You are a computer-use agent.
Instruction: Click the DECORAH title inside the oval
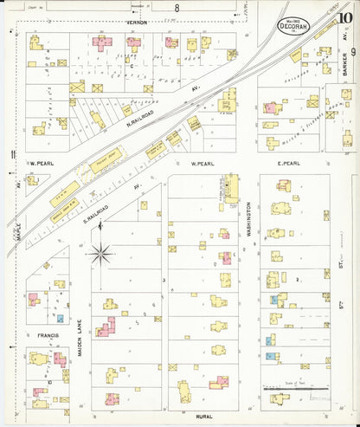point(294,26)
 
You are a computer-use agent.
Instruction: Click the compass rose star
point(101,254)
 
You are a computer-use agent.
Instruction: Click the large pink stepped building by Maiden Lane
point(105,328)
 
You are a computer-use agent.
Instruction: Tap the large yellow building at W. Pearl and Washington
point(230,186)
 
